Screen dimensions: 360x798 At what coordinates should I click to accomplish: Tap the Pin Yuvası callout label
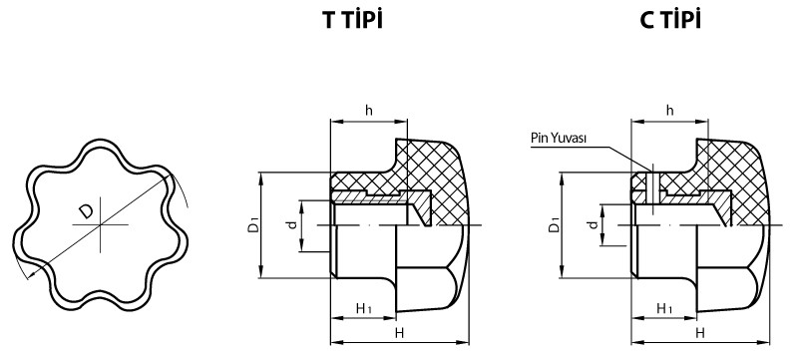click(561, 140)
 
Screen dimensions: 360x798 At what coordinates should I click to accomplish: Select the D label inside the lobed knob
click(87, 210)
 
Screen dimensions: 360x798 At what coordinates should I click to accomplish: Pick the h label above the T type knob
click(368, 110)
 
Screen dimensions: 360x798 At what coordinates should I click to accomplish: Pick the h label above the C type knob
click(669, 110)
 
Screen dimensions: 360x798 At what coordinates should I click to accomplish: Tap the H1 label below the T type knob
click(364, 310)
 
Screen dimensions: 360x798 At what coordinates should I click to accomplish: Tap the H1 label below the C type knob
click(665, 310)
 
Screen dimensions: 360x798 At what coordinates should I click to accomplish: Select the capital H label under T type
click(399, 332)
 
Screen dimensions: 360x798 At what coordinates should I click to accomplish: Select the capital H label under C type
click(700, 332)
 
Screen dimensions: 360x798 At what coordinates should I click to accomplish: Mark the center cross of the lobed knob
click(101, 226)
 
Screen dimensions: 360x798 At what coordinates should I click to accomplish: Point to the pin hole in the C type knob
click(648, 184)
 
